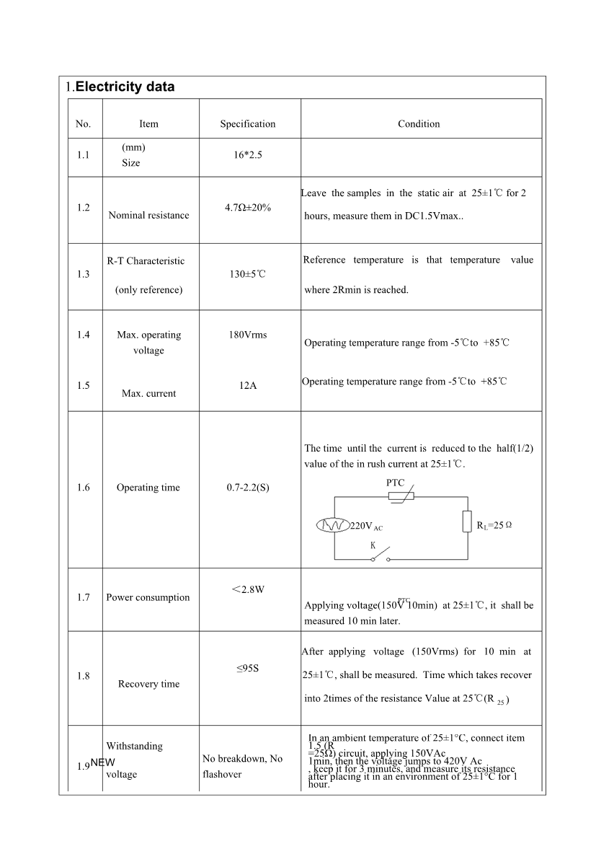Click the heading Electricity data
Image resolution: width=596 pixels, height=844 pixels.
125,87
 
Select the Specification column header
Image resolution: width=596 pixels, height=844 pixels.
248,124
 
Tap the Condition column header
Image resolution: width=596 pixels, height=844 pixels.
419,124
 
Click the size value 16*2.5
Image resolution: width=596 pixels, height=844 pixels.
248,155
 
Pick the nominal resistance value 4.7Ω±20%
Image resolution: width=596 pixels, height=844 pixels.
248,208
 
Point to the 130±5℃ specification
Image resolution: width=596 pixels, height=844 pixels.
248,274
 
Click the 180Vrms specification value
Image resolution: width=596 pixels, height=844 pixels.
248,335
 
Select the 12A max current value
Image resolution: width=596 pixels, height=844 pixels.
248,385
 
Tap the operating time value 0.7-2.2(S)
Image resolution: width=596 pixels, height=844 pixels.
248,488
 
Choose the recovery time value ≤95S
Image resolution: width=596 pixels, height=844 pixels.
248,669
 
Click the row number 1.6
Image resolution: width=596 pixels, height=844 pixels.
83,488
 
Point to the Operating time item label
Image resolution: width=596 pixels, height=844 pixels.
148,488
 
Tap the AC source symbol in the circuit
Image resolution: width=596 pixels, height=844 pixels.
333,525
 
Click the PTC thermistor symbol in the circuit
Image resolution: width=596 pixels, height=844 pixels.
396,496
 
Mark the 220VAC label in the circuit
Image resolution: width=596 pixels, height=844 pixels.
366,526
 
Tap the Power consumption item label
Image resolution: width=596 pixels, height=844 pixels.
148,597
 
